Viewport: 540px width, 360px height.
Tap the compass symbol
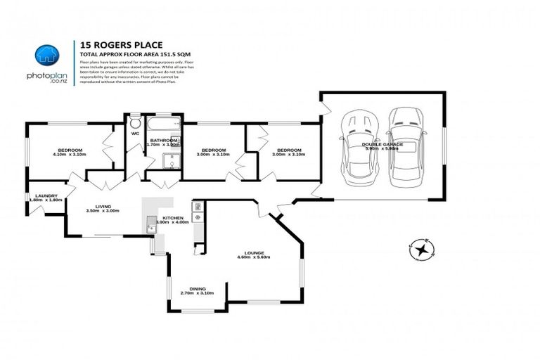[420, 249]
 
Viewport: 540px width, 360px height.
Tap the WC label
[134, 133]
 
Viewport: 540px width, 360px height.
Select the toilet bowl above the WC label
[134, 120]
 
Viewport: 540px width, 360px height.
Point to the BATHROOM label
[163, 140]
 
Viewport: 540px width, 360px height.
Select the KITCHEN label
[173, 218]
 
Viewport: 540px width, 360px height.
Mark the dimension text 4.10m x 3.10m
[70, 155]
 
